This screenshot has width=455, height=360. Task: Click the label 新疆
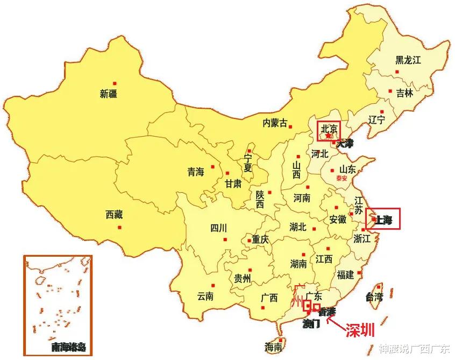pyautogui.click(x=109, y=94)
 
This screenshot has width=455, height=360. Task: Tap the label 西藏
pyautogui.click(x=114, y=215)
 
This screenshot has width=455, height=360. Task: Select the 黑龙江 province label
pyautogui.click(x=408, y=60)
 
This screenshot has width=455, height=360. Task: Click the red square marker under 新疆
pyautogui.click(x=115, y=83)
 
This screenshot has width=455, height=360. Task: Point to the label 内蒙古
pyautogui.click(x=275, y=123)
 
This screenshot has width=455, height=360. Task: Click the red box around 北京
pyautogui.click(x=329, y=131)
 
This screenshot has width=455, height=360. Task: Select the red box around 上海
pyautogui.click(x=383, y=218)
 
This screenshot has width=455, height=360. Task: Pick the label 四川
pyautogui.click(x=219, y=228)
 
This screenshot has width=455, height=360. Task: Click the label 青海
pyautogui.click(x=196, y=172)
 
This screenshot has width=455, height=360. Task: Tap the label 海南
pyautogui.click(x=274, y=348)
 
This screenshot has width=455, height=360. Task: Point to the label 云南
pyautogui.click(x=205, y=296)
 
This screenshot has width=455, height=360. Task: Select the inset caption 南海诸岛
pyautogui.click(x=68, y=347)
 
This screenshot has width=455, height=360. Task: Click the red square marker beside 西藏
pyautogui.click(x=119, y=227)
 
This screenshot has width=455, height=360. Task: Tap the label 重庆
pyautogui.click(x=260, y=239)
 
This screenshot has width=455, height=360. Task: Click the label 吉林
pyautogui.click(x=404, y=93)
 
